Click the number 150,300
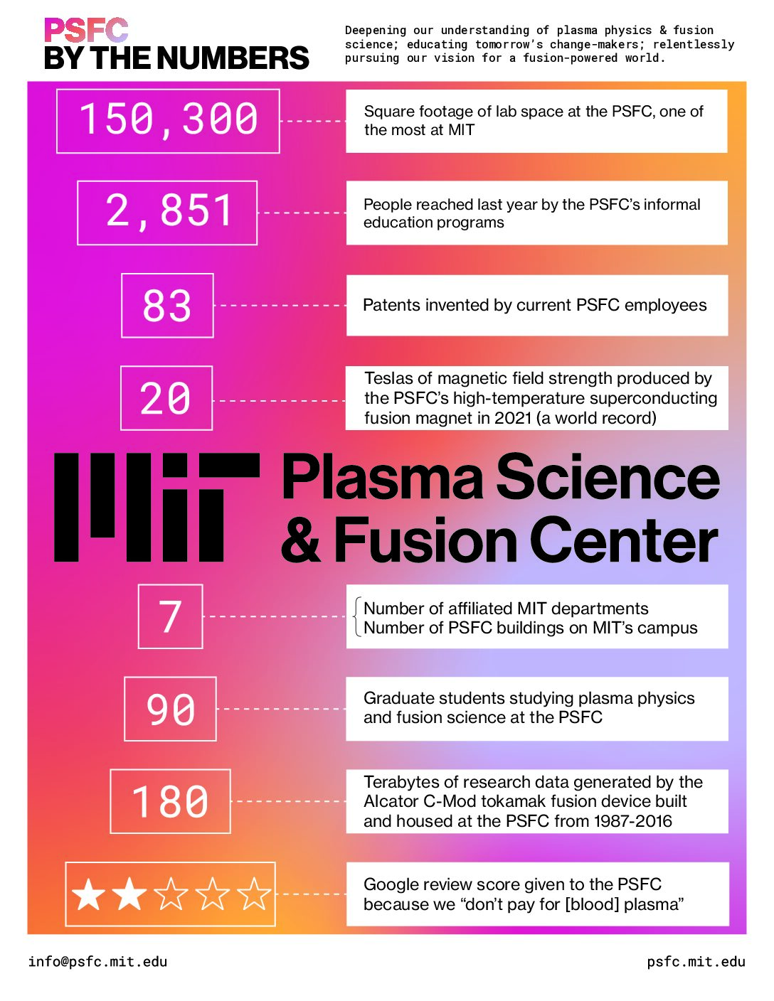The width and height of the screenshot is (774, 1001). point(169,120)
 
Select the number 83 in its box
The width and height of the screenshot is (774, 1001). point(167,306)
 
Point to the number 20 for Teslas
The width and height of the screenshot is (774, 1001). point(165,398)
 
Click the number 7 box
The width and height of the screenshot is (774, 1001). point(170,616)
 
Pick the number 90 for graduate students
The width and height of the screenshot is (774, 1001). point(171,710)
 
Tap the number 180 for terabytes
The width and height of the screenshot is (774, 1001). point(170,802)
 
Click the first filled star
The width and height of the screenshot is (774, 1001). point(88,894)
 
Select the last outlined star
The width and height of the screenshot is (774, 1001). point(253,894)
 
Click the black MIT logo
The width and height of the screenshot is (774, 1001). point(157,507)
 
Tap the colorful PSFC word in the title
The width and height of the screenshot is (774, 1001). point(86,31)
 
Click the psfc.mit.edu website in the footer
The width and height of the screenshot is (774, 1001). point(696,962)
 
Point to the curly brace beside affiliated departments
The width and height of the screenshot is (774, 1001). point(357,617)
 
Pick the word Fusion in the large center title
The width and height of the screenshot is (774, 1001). point(425,540)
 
